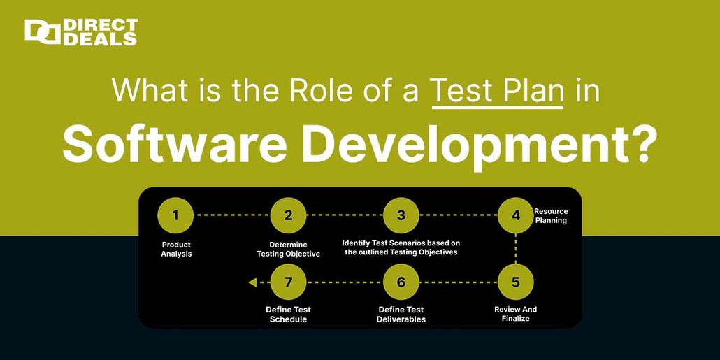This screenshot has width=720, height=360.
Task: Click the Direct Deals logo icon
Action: tap(42, 32)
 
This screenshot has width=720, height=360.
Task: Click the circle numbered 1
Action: tap(175, 215)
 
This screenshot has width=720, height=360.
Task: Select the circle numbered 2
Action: tap(288, 215)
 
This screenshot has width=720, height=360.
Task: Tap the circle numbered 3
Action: tap(401, 215)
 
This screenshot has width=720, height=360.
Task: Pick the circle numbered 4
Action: tap(516, 215)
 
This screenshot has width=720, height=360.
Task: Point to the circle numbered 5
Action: tap(516, 282)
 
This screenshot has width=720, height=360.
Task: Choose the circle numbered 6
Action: tap(401, 282)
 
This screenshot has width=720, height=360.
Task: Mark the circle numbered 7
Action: tap(288, 282)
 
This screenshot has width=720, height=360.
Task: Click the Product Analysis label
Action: tap(176, 250)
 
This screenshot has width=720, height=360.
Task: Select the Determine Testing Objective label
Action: tap(288, 250)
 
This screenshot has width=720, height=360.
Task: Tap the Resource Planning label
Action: tap(551, 216)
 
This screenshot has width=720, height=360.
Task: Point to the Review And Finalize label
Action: tap(516, 314)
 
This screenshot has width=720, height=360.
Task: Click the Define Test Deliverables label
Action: tap(401, 314)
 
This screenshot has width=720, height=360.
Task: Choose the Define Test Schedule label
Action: tap(288, 314)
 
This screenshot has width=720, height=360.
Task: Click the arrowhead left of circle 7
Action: tap(252, 282)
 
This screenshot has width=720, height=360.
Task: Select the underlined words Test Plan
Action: tap(497, 92)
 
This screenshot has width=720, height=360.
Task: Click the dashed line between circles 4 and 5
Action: tap(516, 249)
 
